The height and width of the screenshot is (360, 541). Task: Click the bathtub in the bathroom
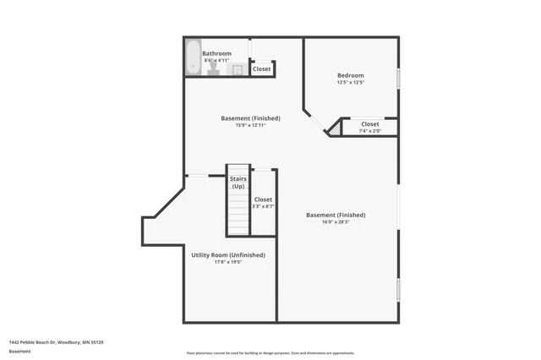192,57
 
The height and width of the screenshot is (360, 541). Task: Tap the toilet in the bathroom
212,70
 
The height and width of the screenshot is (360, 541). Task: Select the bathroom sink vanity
238,70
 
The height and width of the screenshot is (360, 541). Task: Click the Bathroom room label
216,53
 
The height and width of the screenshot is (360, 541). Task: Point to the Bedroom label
350,75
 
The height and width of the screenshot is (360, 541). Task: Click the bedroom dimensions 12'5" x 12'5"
350,83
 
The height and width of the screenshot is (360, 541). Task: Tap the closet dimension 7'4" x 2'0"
370,131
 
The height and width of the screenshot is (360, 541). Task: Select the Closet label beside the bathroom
262,69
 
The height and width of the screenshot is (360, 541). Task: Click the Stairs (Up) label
238,183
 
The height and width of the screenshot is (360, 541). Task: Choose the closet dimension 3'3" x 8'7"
263,206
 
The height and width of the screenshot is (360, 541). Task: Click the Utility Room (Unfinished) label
228,254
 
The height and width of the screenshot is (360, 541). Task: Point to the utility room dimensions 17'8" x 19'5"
228,262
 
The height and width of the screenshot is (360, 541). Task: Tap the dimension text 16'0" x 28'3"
336,222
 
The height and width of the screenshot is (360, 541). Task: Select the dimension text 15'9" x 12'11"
250,125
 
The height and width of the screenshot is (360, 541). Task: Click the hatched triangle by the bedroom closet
335,128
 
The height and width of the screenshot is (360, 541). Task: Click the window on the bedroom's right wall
398,80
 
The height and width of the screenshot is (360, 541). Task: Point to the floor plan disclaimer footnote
270,353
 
